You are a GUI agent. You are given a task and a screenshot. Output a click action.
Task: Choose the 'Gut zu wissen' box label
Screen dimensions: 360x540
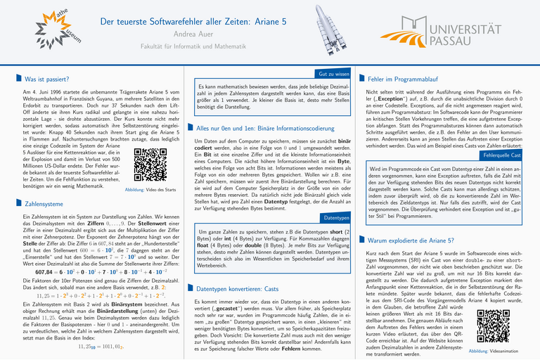[x=334, y=73]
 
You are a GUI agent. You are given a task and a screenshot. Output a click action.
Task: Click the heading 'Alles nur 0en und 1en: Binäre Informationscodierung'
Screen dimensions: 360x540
[x=265, y=129]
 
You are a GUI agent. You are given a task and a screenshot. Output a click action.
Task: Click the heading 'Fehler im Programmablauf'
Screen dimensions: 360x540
[x=407, y=79]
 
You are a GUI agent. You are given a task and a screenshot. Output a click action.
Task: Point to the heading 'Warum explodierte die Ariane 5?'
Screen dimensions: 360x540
[x=415, y=240]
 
